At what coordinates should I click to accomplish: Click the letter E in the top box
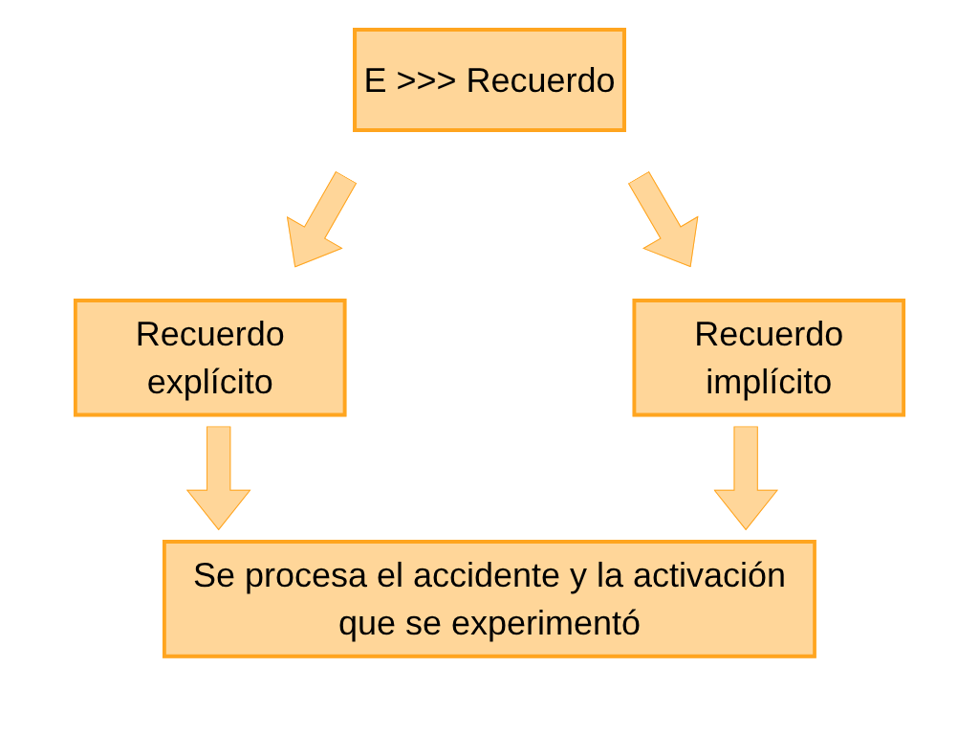click(375, 80)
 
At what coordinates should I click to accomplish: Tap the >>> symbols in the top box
click(425, 81)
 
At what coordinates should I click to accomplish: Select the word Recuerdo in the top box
click(541, 80)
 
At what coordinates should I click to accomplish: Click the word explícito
click(209, 382)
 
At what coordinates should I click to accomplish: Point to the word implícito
click(769, 382)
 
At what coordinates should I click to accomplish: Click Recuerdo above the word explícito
click(209, 334)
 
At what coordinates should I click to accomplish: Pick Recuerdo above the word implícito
click(769, 334)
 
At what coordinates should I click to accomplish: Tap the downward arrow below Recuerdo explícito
click(219, 478)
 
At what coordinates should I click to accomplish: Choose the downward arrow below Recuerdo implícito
click(746, 478)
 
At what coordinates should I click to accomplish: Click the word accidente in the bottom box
click(487, 575)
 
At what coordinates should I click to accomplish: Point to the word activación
click(709, 575)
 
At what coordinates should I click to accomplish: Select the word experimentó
click(546, 623)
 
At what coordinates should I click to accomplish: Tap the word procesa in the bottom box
click(306, 576)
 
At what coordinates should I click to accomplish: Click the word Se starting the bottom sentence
click(214, 575)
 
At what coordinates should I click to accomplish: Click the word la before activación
click(610, 575)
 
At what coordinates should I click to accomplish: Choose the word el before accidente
click(390, 575)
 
